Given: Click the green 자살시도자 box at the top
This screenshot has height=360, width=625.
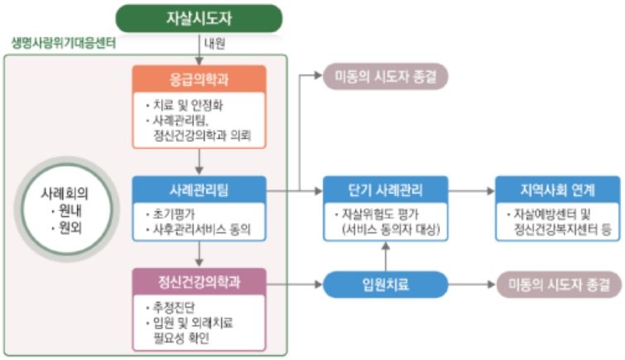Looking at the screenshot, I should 199,18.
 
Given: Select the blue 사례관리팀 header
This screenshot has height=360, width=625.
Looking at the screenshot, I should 200,190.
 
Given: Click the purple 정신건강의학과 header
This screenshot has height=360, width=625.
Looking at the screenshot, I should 200,282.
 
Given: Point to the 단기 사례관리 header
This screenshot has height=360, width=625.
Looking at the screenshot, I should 385,190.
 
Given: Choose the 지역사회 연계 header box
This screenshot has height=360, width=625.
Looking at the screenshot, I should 557,190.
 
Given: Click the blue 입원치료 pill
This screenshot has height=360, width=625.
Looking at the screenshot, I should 385,286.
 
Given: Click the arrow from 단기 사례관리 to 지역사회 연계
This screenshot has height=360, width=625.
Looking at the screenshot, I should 472,190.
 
